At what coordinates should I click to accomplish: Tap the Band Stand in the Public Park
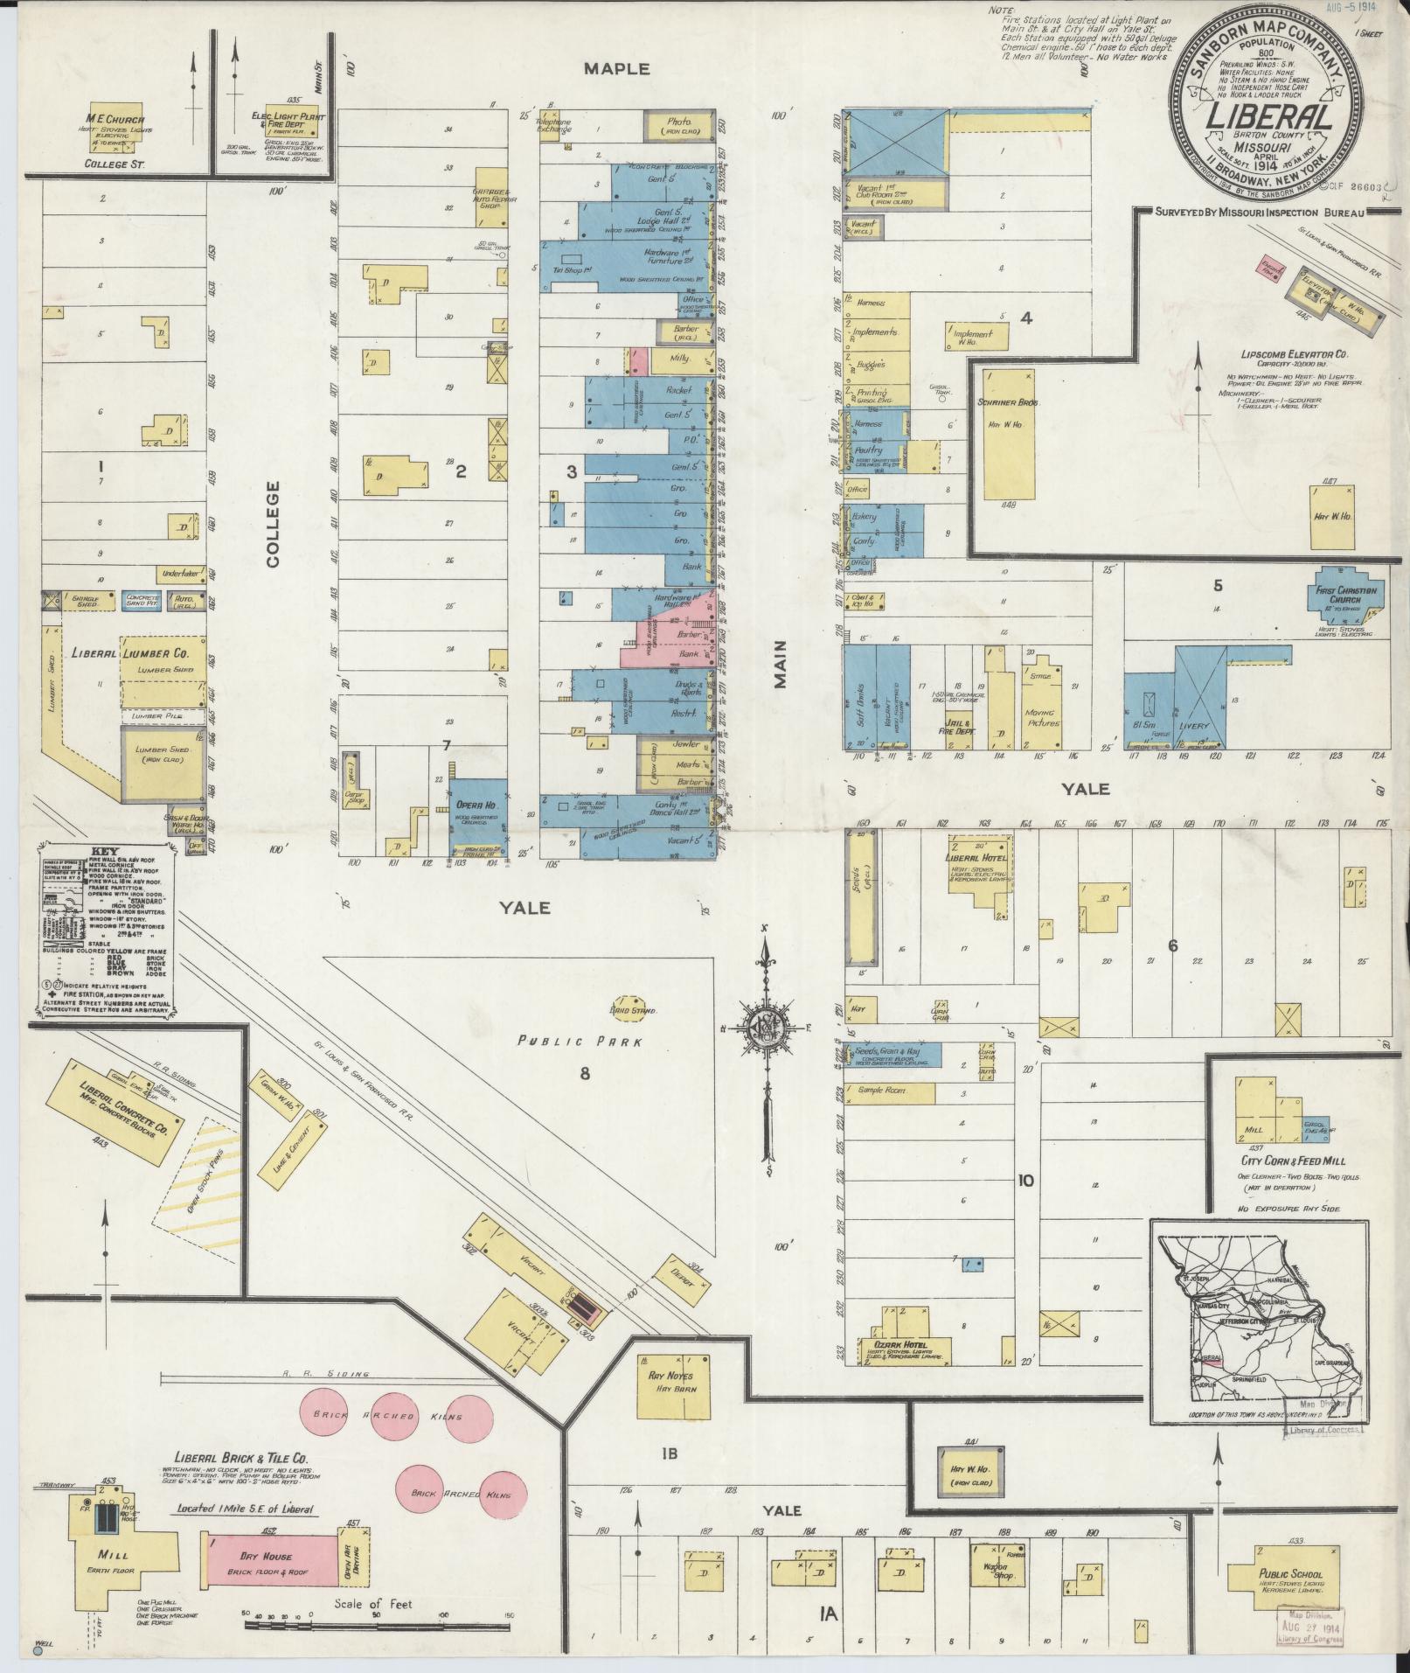click(x=626, y=1006)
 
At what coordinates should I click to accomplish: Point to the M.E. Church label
click(x=115, y=120)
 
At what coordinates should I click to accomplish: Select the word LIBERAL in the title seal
click(x=1258, y=118)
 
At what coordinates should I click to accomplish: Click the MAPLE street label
click(x=617, y=68)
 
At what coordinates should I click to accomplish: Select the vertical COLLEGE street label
click(x=273, y=524)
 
